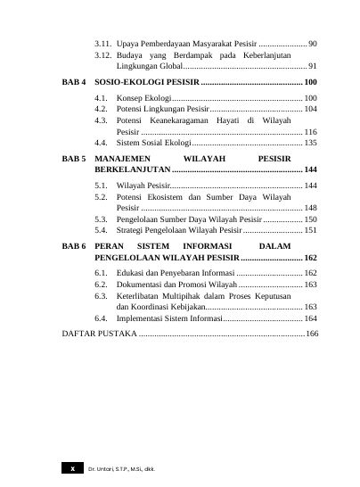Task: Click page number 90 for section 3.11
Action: click(x=313, y=43)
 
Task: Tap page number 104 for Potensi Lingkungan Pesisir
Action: click(x=310, y=108)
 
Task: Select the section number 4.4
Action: click(x=102, y=142)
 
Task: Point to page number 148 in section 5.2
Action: click(x=310, y=207)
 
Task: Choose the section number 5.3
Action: click(x=102, y=219)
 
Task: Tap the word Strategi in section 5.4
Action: click(x=131, y=229)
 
